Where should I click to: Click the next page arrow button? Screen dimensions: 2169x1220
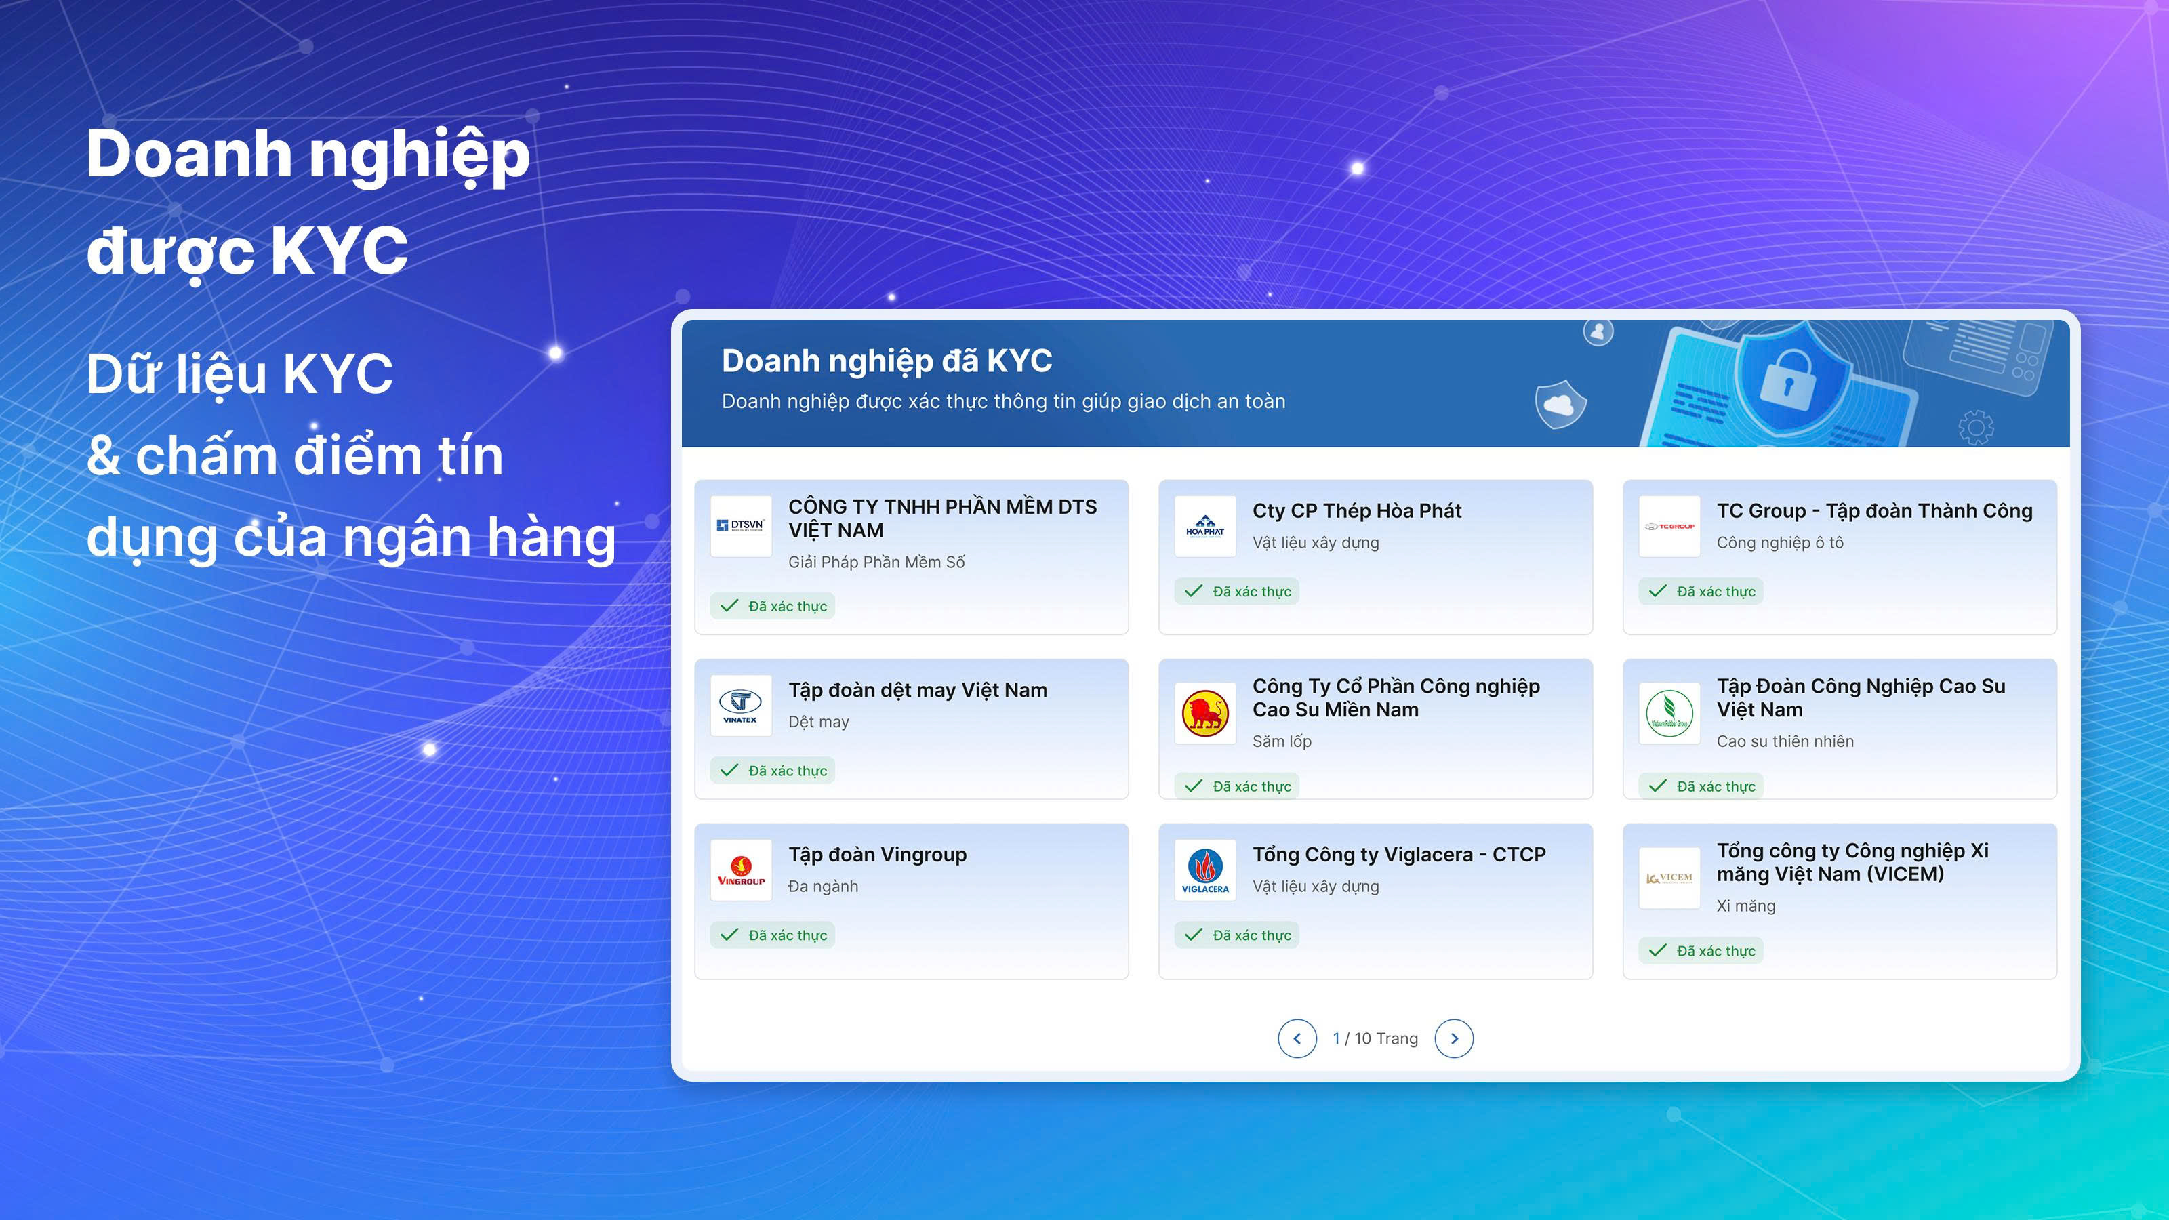[x=1454, y=1038]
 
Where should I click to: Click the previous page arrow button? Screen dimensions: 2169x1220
[x=1297, y=1038]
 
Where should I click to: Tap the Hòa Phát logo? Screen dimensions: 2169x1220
[x=1205, y=526]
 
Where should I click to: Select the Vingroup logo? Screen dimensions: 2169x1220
[x=741, y=870]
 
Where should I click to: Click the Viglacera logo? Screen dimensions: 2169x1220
[x=1205, y=870]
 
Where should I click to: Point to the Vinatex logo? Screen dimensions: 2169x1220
[x=741, y=706]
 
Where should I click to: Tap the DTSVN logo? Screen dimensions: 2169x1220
[x=741, y=526]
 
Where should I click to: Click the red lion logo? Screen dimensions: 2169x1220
[x=1205, y=713]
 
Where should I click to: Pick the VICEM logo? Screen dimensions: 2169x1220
[x=1669, y=877]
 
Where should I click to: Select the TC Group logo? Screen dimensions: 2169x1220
[x=1669, y=526]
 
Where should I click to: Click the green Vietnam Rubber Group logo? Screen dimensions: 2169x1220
[x=1669, y=713]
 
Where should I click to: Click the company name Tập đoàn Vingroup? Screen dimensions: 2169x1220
[x=877, y=855]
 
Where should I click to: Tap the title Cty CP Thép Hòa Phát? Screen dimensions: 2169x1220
[x=1356, y=511]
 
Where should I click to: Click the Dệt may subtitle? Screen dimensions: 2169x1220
[x=818, y=722]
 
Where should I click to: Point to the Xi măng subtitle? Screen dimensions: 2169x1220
[x=1745, y=906]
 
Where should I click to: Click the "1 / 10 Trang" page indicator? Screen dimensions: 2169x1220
[x=1375, y=1038]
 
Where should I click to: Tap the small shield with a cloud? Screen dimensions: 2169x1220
[x=1560, y=404]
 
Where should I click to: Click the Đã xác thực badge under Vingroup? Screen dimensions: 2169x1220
[x=772, y=935]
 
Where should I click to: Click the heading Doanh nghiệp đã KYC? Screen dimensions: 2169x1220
[x=887, y=361]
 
